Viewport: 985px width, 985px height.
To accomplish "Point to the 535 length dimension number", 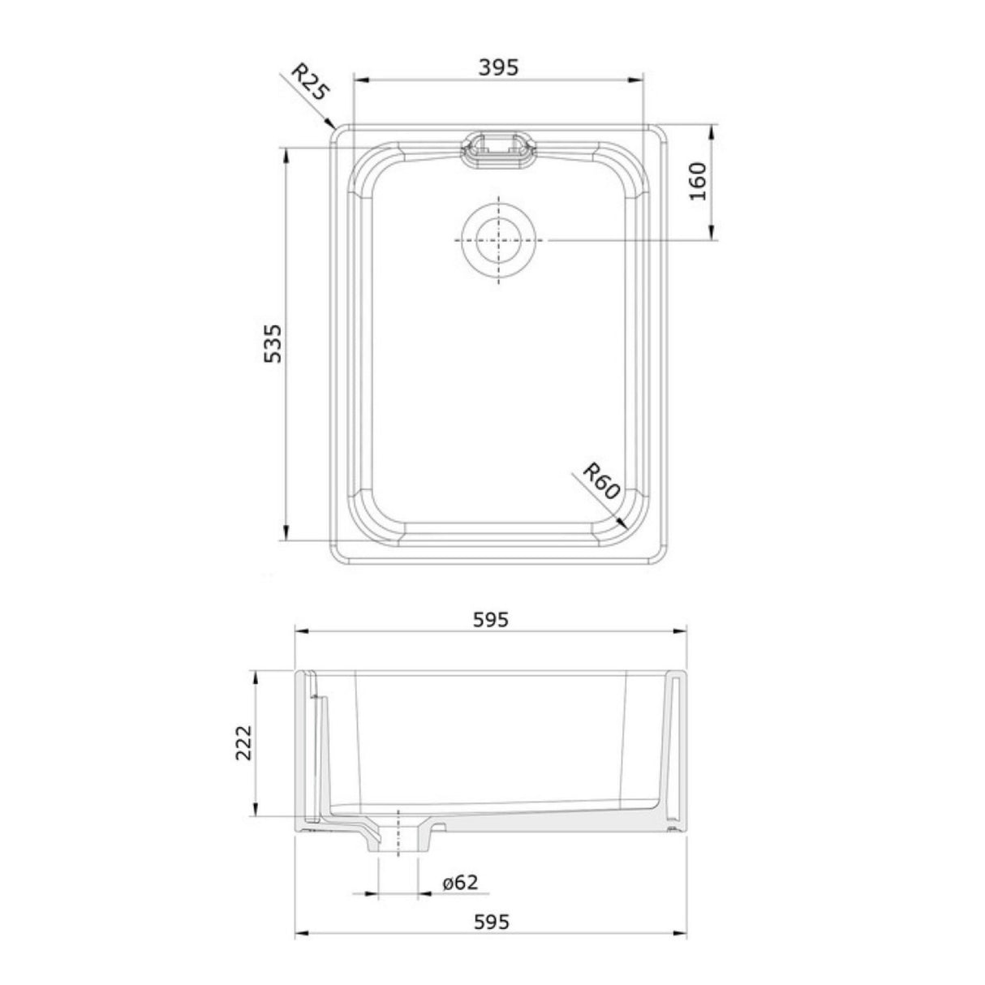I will tap(273, 343).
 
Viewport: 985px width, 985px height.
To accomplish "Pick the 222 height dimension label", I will tap(243, 742).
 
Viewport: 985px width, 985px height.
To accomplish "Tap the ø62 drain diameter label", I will tap(460, 883).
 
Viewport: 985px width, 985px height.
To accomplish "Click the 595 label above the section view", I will tap(490, 620).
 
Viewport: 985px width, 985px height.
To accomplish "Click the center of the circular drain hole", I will tap(497, 240).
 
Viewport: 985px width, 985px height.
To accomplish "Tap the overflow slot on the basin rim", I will tap(497, 149).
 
